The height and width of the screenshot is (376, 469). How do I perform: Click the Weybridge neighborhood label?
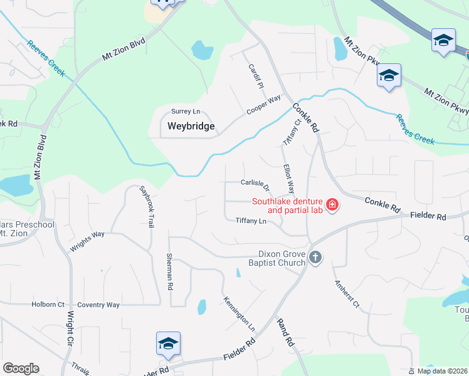[191, 126]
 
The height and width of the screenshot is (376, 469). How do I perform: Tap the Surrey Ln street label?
[184, 112]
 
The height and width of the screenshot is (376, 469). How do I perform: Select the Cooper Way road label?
[263, 104]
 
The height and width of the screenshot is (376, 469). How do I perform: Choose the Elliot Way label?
[288, 178]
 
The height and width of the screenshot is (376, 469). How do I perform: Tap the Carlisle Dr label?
[255, 185]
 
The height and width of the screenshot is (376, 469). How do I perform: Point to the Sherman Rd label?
[169, 271]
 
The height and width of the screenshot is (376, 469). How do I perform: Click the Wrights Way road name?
[87, 241]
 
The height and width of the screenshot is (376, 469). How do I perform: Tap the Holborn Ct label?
[48, 305]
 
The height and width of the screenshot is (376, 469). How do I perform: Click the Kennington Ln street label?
[239, 314]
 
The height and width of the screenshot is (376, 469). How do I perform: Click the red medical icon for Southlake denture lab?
[331, 205]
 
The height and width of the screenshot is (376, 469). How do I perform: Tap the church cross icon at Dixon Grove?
[315, 257]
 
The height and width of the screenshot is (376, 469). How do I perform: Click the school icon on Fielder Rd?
[168, 343]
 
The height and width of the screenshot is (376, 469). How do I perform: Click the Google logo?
[21, 368]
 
